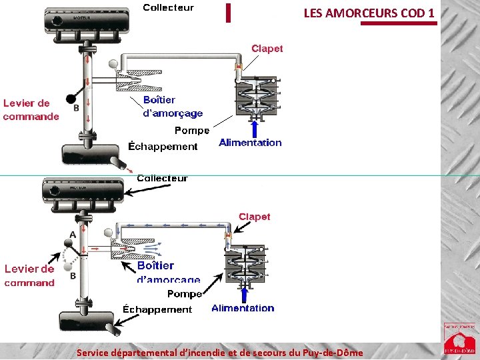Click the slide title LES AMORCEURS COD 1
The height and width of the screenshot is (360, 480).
tap(369, 13)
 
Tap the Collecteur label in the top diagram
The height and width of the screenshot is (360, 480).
tap(169, 7)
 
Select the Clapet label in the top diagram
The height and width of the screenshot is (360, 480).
tap(267, 48)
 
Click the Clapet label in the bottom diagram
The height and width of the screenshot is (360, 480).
tap(254, 217)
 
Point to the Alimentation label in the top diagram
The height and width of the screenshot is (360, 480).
tap(250, 142)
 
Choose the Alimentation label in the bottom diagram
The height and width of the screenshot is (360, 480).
tap(243, 308)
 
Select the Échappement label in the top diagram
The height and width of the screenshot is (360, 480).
tap(163, 146)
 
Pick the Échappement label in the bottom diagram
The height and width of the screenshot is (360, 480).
tap(157, 309)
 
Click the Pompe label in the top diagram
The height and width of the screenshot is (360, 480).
tap(192, 130)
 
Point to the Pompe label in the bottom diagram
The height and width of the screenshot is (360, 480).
tap(185, 294)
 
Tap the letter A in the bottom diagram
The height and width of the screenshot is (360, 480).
tap(73, 234)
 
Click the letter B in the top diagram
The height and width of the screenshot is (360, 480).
tap(76, 107)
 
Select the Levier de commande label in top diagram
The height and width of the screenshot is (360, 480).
tap(31, 110)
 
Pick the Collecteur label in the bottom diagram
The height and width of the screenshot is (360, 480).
tap(162, 178)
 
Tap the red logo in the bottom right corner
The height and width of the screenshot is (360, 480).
tap(459, 338)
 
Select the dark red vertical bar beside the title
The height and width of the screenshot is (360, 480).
tap(228, 13)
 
